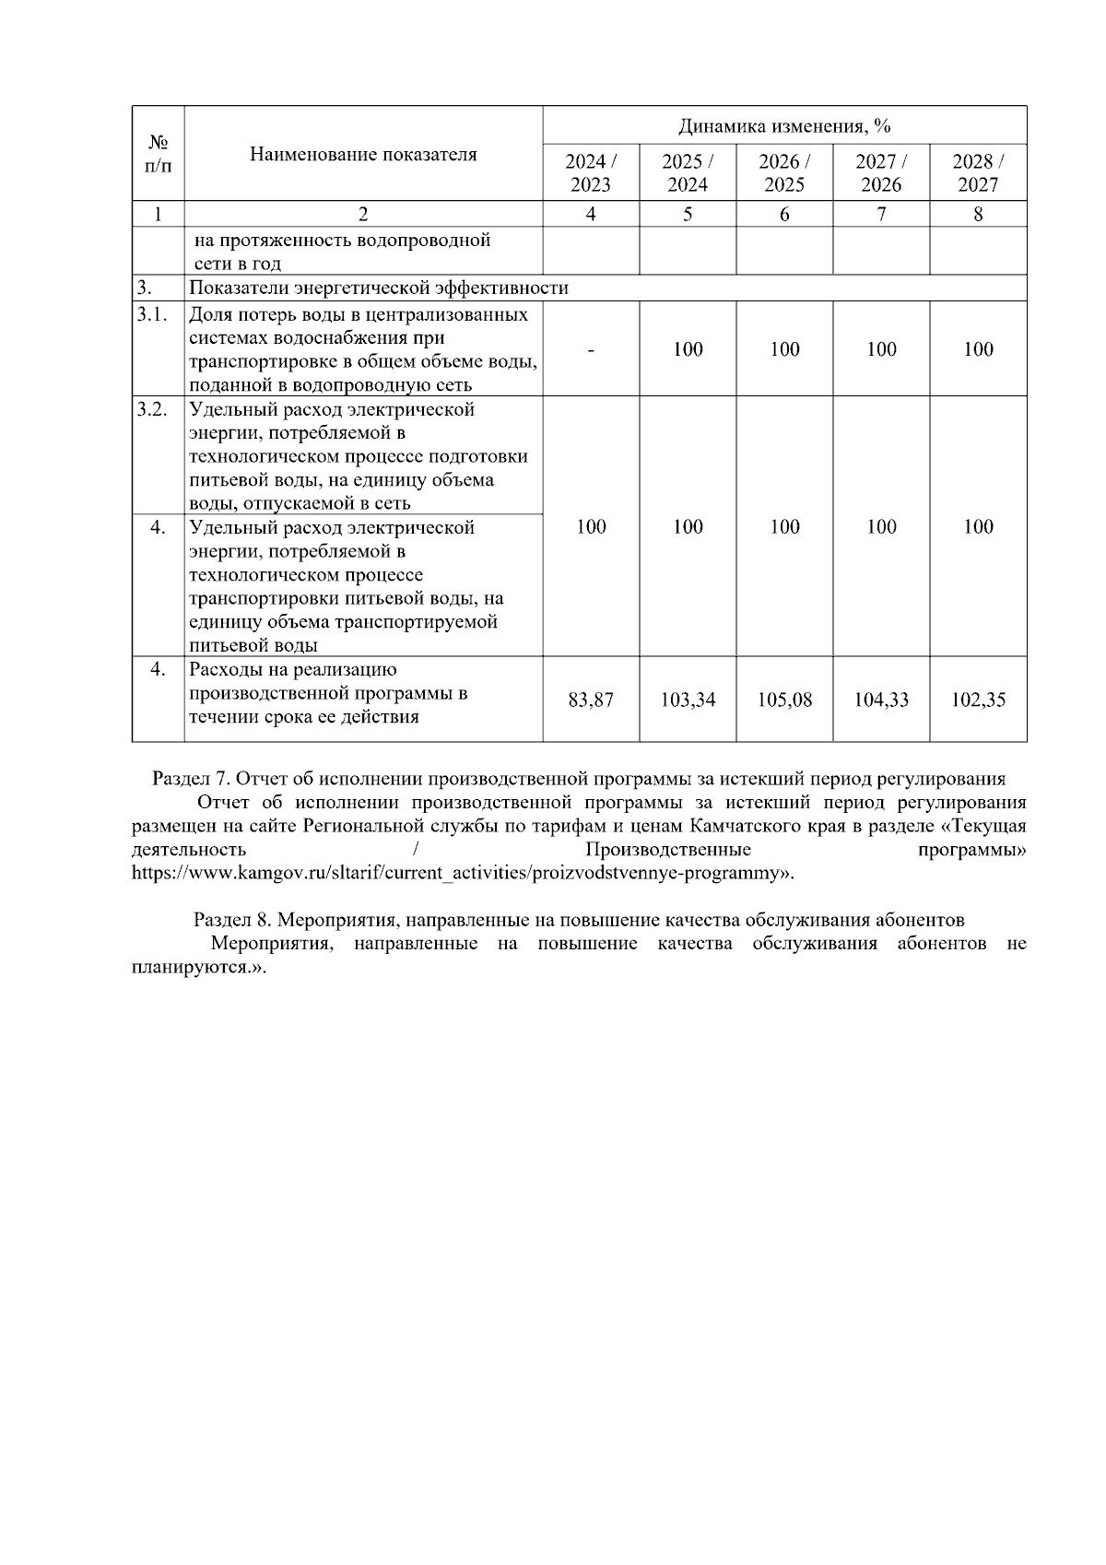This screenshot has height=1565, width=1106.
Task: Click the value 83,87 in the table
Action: (591, 700)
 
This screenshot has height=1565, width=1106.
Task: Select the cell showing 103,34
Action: (688, 700)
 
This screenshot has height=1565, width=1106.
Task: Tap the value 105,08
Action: (784, 700)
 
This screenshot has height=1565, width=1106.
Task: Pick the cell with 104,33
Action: (881, 700)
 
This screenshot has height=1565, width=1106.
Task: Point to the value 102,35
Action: (978, 700)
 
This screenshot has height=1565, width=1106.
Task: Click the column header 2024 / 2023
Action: (591, 172)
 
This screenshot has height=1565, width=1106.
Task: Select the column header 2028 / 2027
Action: (978, 172)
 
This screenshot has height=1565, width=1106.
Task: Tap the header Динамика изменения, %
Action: (784, 125)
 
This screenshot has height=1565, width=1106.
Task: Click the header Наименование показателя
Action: (363, 155)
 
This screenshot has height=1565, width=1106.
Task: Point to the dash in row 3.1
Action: (591, 349)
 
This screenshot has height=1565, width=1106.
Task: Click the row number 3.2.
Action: (152, 409)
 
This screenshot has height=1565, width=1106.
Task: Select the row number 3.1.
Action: (152, 314)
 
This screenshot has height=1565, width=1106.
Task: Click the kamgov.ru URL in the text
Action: (461, 873)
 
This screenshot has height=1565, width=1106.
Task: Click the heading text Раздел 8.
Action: (232, 920)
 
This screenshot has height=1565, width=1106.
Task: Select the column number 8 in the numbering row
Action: (978, 214)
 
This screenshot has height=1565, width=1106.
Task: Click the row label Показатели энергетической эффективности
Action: (379, 288)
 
